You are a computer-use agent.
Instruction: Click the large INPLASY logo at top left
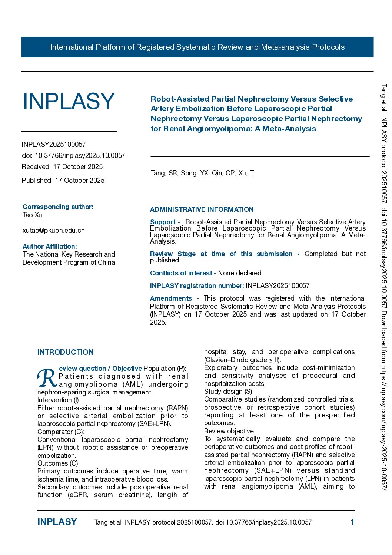tap(69, 101)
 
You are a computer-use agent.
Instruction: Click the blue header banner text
tap(197, 47)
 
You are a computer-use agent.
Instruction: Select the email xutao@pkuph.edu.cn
tap(54, 231)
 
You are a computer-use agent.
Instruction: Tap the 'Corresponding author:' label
tap(58, 207)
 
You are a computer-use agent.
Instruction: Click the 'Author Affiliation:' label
tap(50, 247)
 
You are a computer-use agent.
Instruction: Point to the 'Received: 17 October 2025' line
tap(62, 167)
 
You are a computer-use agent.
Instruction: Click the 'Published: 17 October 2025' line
tap(63, 181)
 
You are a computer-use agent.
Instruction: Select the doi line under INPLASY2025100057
tap(73, 156)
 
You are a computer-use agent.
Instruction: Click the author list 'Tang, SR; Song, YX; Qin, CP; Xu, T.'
tap(202, 173)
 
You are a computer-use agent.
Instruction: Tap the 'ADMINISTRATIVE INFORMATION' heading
tap(202, 209)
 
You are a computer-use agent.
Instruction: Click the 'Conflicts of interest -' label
tap(183, 273)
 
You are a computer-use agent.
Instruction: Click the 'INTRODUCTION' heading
tap(66, 352)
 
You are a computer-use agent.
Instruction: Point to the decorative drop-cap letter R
tap(47, 378)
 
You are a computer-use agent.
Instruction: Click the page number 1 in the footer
tap(352, 522)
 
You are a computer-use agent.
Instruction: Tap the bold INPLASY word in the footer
tap(57, 522)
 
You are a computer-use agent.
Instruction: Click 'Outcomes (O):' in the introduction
tap(59, 463)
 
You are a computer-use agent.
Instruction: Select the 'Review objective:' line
tap(230, 431)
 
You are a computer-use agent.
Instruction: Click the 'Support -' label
tap(165, 222)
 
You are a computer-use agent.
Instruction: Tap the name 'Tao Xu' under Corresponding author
tap(33, 215)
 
